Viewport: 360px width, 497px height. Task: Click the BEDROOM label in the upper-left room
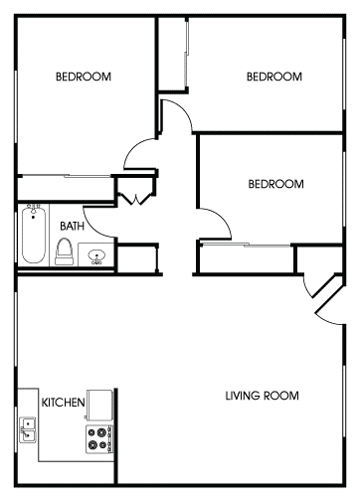83,77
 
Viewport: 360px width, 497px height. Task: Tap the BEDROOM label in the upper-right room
273,77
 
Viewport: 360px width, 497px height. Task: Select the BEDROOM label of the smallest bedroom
273,184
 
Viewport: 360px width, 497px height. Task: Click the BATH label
71,226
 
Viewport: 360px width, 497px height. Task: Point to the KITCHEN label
62,403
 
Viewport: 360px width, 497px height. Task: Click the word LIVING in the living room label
247,397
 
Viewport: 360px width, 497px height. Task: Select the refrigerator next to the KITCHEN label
99,404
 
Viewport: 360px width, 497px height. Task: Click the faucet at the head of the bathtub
33,212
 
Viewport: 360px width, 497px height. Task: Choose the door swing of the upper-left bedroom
136,156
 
